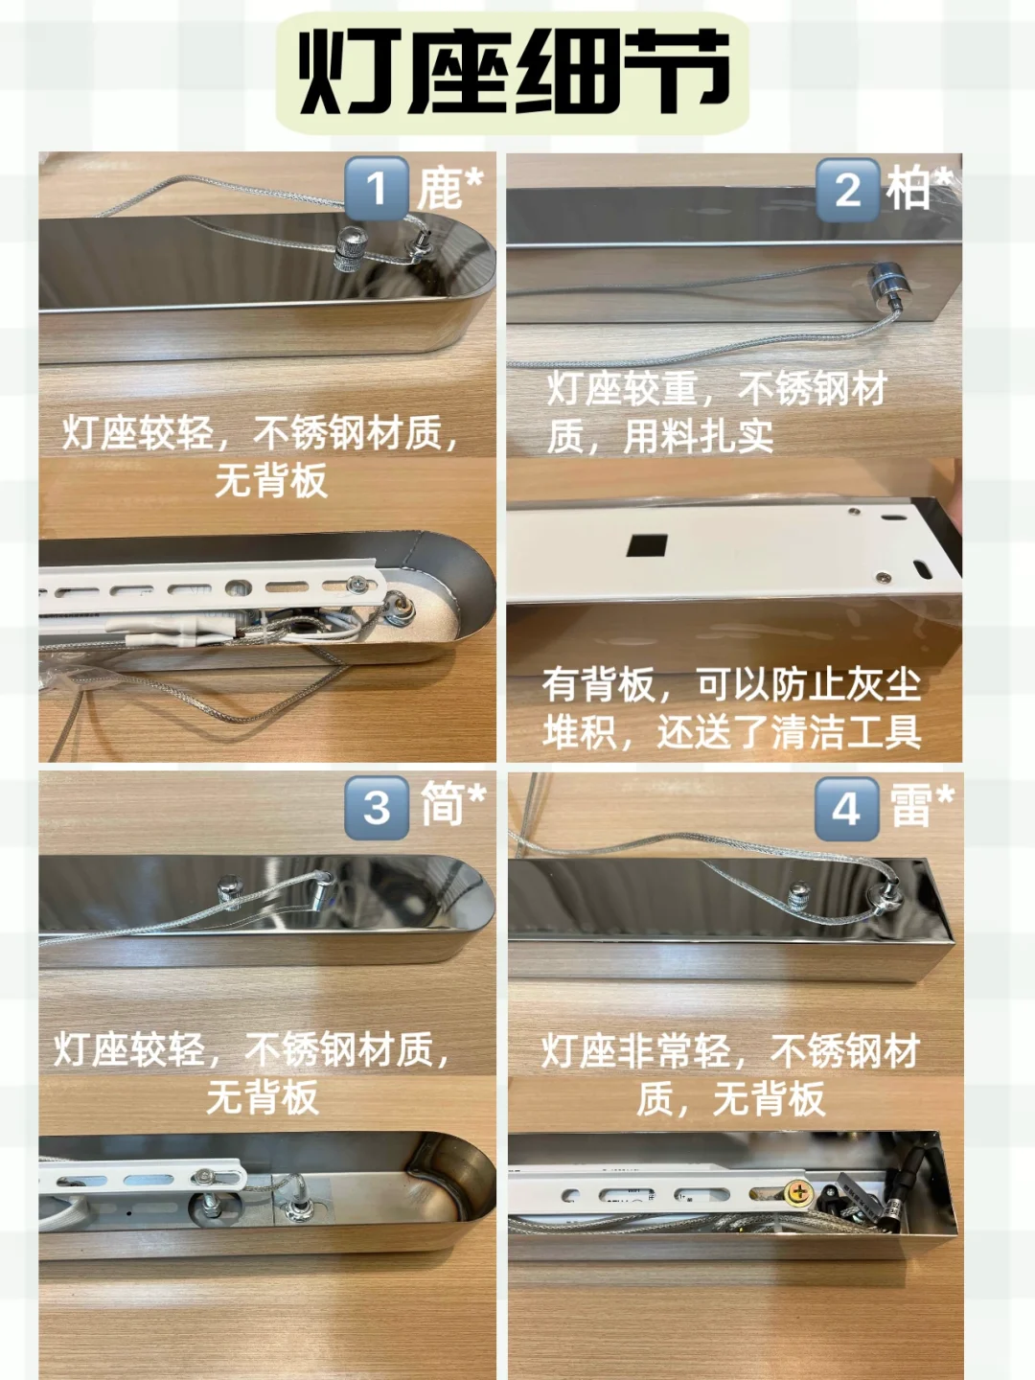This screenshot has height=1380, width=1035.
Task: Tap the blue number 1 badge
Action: pyautogui.click(x=377, y=188)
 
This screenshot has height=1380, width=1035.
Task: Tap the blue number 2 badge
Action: pyautogui.click(x=847, y=189)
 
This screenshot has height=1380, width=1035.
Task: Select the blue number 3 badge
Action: pyautogui.click(x=377, y=808)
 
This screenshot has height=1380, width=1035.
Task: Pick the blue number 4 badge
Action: pyautogui.click(x=846, y=809)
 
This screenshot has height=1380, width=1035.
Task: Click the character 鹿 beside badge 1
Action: pyautogui.click(x=440, y=188)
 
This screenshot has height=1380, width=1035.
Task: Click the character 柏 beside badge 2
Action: pyautogui.click(x=908, y=188)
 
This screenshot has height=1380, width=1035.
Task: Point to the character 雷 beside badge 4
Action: pyautogui.click(x=910, y=805)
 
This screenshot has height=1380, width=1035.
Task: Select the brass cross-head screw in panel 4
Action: pyautogui.click(x=799, y=1191)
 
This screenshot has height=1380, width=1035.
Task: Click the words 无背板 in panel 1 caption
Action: pyautogui.click(x=271, y=481)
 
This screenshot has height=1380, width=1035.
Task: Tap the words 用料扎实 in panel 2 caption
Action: pyautogui.click(x=699, y=436)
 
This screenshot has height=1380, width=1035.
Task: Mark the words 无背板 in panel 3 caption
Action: pyautogui.click(x=263, y=1097)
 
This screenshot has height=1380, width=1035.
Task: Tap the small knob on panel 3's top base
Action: pyautogui.click(x=229, y=891)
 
